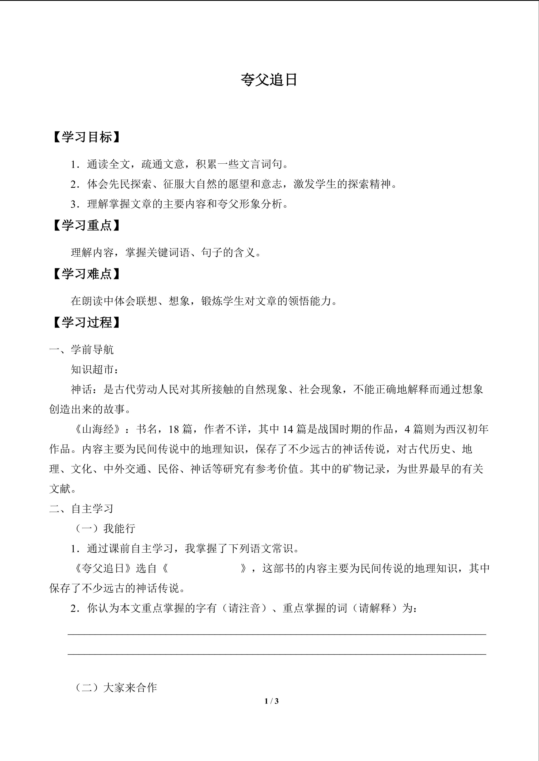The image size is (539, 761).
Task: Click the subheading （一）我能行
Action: pyautogui.click(x=103, y=528)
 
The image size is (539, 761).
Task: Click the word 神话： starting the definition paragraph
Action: pyautogui.click(x=87, y=389)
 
